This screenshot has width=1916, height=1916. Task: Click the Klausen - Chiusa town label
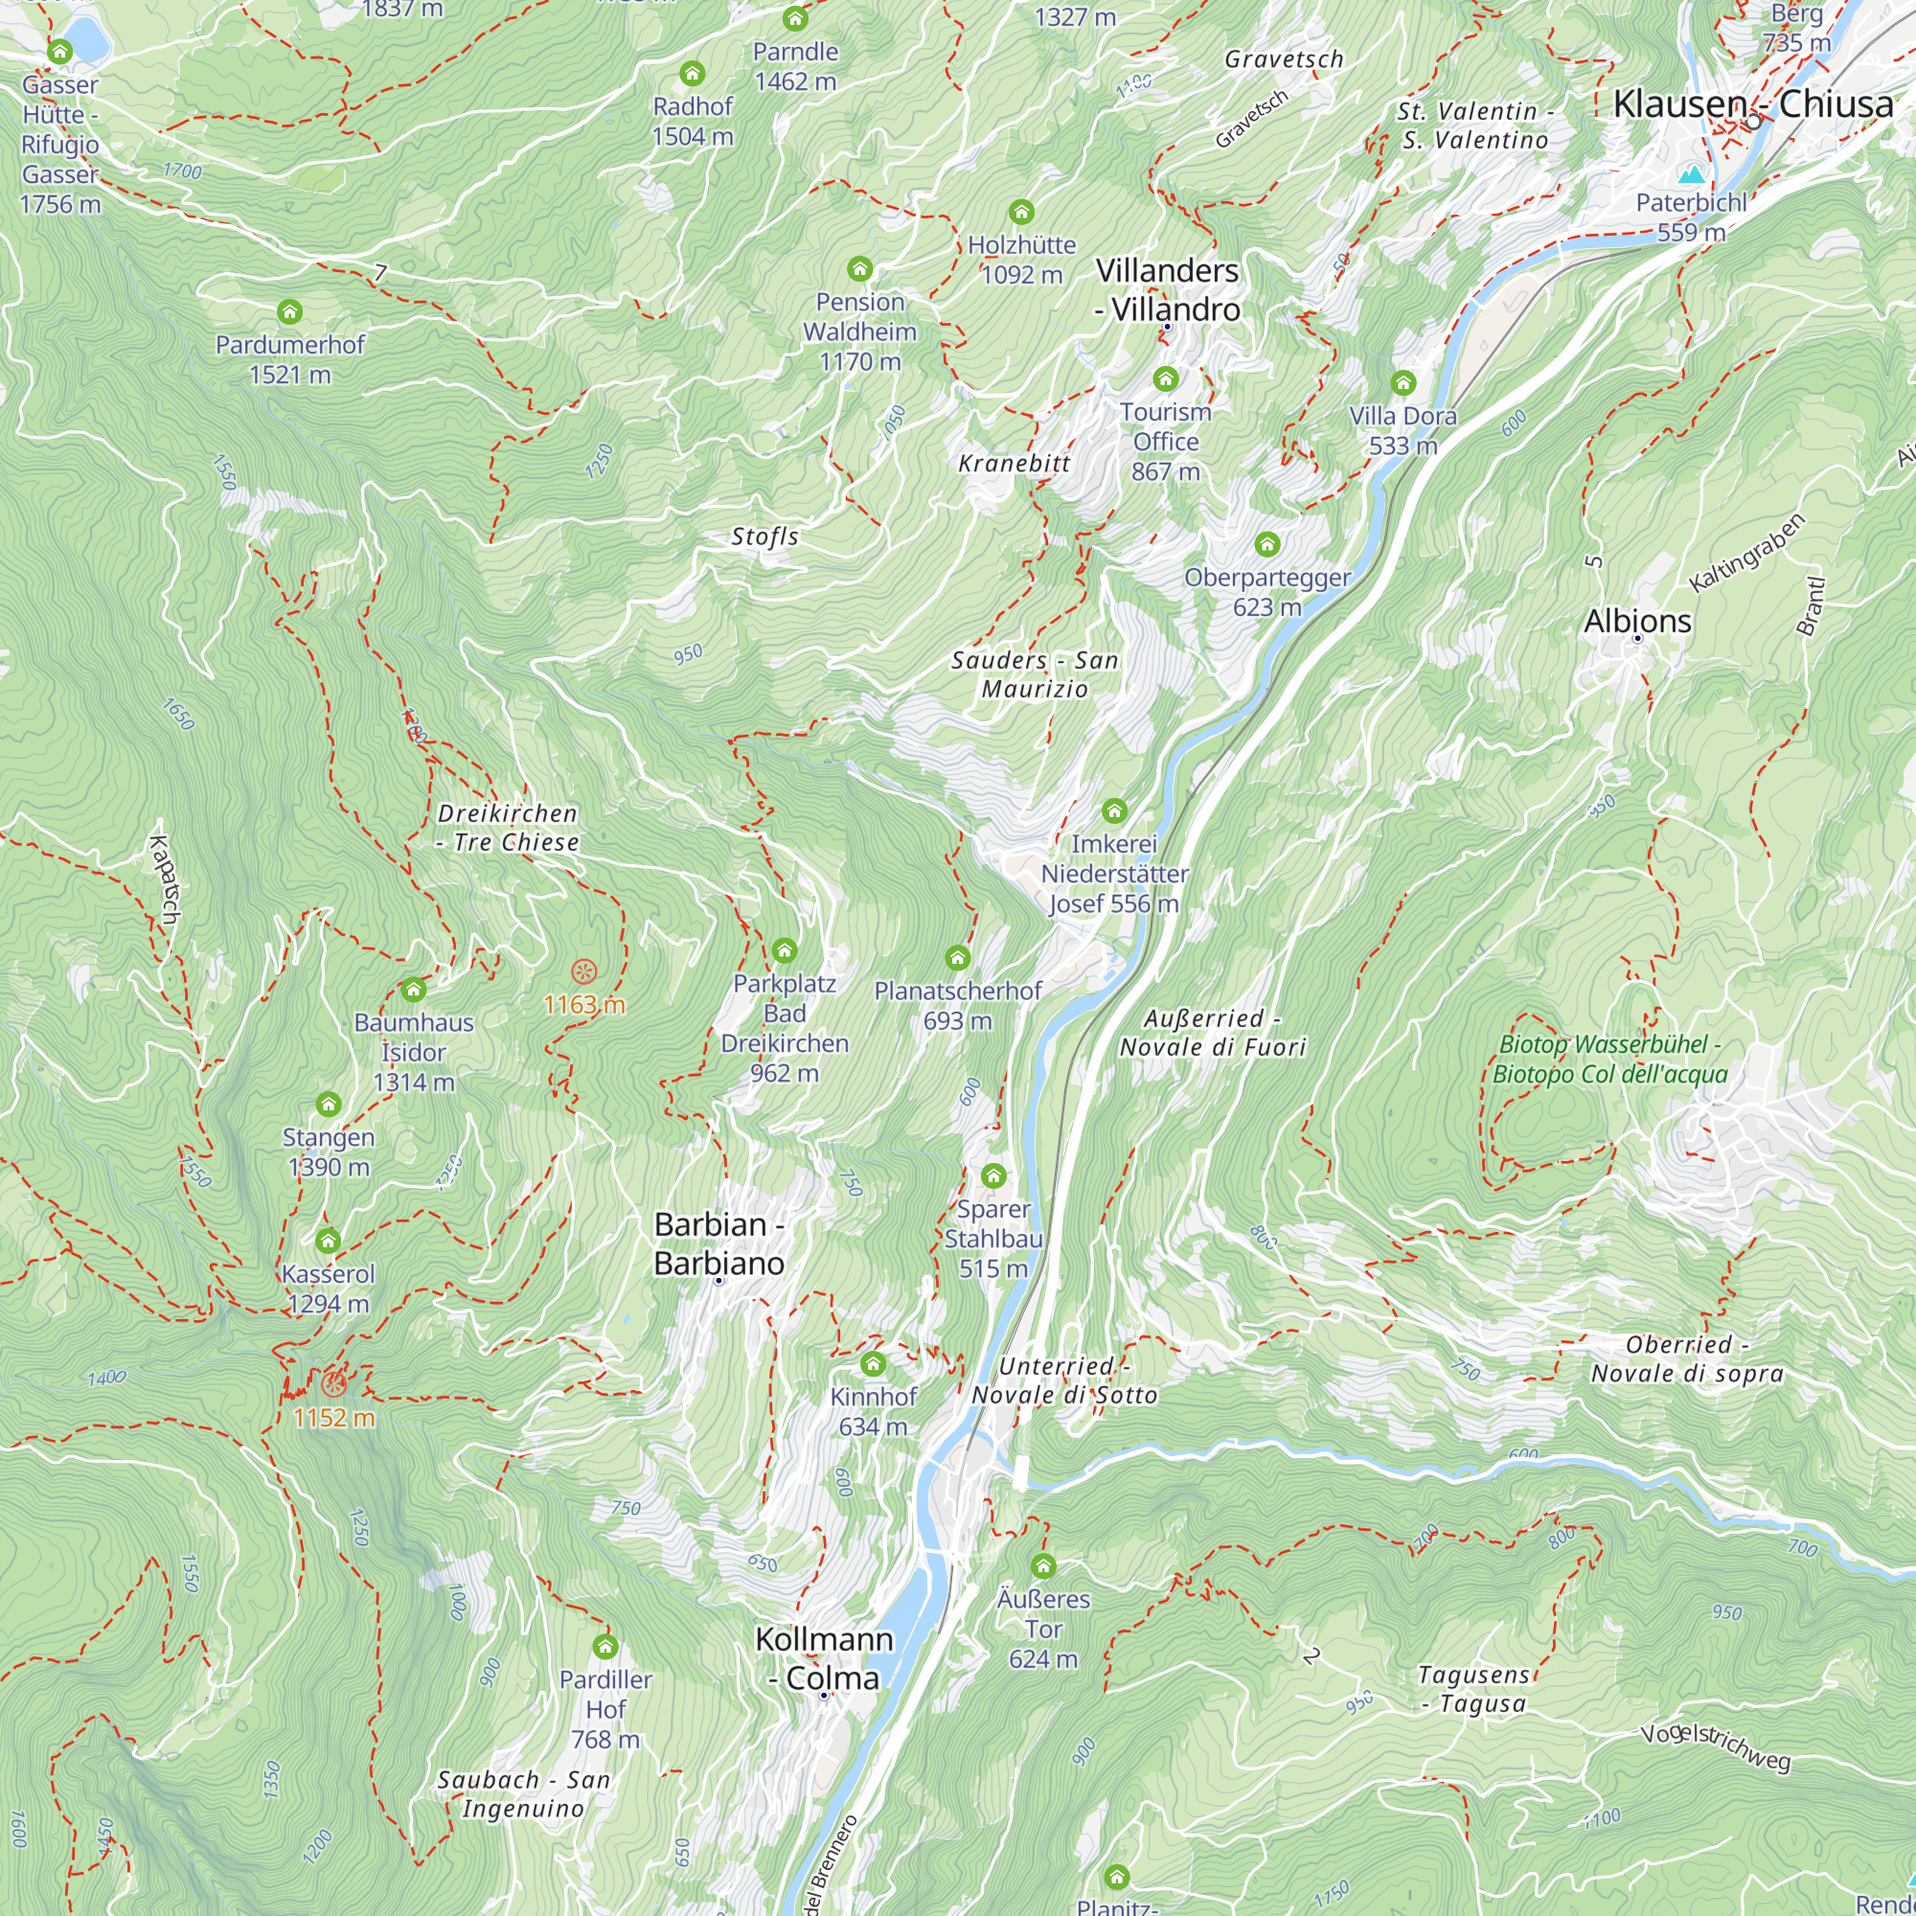1752,104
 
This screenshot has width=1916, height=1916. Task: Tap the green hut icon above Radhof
693,74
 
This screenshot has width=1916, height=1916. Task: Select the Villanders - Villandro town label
1167,289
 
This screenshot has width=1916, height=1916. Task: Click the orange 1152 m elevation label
334,1418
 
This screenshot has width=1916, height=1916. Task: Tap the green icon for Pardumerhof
289,311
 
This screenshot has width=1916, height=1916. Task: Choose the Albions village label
1637,621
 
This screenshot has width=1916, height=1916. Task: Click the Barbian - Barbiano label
719,1243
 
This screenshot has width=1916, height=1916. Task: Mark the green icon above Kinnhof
873,1363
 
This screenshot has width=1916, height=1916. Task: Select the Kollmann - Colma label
824,1658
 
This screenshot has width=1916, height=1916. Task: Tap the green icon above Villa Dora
1403,383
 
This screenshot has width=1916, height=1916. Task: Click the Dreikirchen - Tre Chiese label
509,827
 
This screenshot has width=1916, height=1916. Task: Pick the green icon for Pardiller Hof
604,1647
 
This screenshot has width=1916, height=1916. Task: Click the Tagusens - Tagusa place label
1473,1689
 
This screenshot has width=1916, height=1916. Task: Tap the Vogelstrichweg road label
1715,1747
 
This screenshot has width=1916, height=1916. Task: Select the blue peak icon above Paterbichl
1691,175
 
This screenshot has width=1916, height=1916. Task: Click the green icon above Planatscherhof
957,957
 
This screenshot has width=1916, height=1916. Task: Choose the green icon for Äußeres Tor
1042,1567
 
